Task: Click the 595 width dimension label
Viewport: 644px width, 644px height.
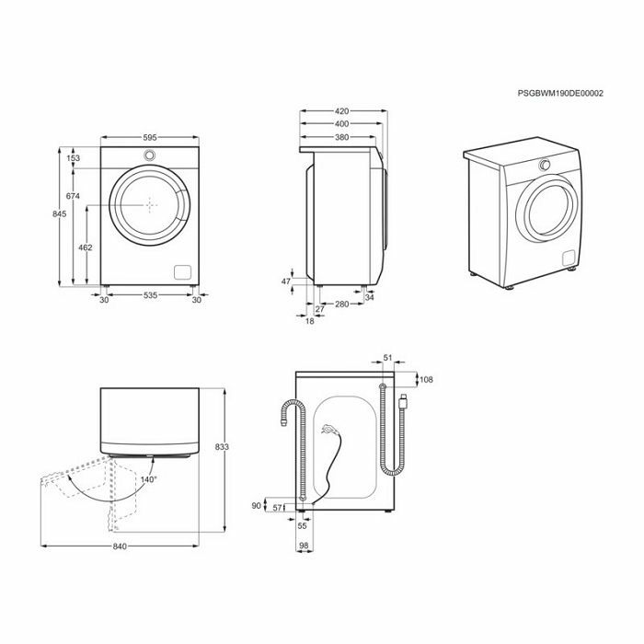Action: click(150, 138)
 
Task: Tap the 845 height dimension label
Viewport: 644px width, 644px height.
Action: click(59, 213)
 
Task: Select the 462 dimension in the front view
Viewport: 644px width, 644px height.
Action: click(85, 247)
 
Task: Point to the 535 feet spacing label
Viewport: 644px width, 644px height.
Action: click(150, 295)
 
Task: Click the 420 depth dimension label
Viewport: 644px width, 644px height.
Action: click(341, 111)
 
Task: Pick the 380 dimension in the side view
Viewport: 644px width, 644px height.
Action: click(341, 137)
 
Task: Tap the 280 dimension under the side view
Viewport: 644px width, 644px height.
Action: click(341, 304)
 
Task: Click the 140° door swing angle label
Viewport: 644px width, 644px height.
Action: click(149, 479)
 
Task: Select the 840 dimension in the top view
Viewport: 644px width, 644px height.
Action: click(120, 546)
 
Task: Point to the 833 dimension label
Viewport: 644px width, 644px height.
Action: click(222, 446)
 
